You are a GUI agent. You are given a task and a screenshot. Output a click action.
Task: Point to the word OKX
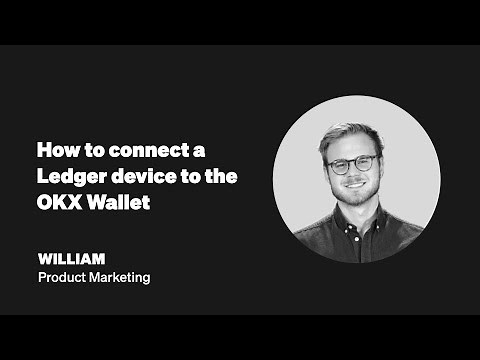55,203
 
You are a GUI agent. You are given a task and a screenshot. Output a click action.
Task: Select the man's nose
353,175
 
